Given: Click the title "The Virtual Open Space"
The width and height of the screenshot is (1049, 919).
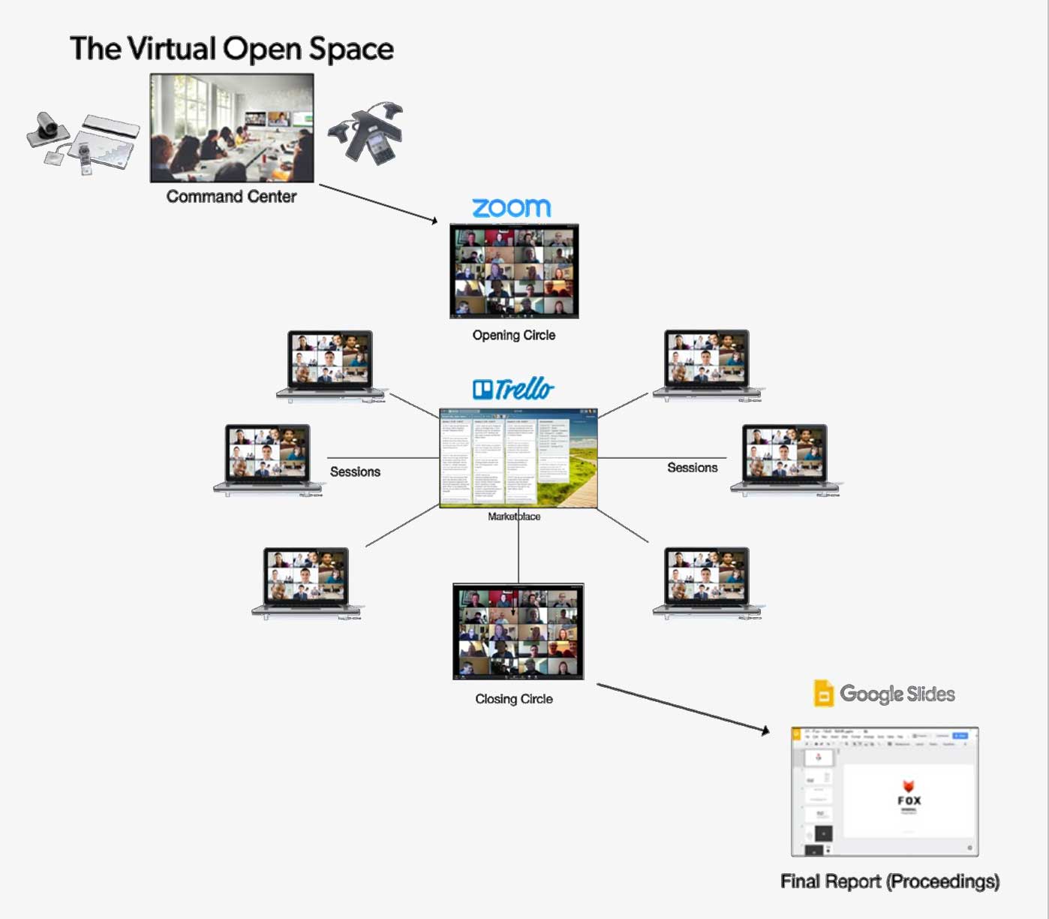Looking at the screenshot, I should [x=232, y=49].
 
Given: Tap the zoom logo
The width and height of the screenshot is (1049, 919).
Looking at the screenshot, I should [x=512, y=207].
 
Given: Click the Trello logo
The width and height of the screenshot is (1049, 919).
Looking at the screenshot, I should [x=513, y=389].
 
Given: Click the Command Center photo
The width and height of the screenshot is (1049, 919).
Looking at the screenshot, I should [x=232, y=128].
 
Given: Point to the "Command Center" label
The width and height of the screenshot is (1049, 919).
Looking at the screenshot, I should [x=231, y=197].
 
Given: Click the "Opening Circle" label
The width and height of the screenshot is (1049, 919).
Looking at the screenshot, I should [x=514, y=335].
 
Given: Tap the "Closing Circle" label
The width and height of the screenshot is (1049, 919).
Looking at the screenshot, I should [x=514, y=699].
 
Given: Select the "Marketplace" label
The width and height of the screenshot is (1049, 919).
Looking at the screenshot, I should [x=514, y=517].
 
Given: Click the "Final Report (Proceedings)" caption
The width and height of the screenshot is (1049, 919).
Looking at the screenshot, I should [x=890, y=881].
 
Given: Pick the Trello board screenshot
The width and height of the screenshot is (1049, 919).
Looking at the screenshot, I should [x=518, y=458].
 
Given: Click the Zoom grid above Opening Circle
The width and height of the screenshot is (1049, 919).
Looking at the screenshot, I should [x=514, y=271].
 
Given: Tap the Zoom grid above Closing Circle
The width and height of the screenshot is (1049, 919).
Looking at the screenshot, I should [x=518, y=631].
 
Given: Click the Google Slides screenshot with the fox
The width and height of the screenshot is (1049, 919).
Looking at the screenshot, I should [x=885, y=791].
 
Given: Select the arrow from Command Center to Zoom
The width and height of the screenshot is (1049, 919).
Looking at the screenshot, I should [x=378, y=203].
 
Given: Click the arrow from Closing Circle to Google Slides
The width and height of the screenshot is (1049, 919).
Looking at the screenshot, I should [x=683, y=707].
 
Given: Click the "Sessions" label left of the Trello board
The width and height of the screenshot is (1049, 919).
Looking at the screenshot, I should [x=355, y=472].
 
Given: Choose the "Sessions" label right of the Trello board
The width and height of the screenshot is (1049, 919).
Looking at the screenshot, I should [x=693, y=468].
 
